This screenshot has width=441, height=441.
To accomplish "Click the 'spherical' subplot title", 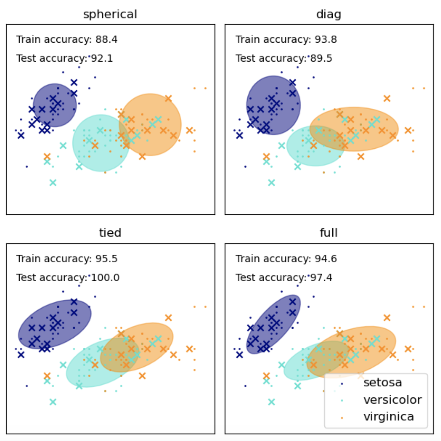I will [x=110, y=15].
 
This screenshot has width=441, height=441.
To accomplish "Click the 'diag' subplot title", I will [x=329, y=15].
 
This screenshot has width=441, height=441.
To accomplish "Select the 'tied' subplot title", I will [x=110, y=233].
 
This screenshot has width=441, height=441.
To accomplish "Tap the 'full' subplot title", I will [x=329, y=233].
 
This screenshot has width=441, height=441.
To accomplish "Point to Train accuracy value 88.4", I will [x=107, y=40].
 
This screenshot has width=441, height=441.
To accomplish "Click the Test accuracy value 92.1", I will [x=102, y=59].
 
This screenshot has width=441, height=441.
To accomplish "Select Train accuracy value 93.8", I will [x=326, y=40].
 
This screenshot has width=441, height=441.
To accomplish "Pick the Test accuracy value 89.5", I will [x=321, y=59].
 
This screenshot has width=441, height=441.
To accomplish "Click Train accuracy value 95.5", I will [x=107, y=259].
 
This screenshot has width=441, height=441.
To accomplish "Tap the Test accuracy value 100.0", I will [x=105, y=278].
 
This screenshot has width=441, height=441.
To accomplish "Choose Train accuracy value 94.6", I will [x=326, y=259].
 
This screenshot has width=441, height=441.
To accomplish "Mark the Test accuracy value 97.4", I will [x=321, y=278].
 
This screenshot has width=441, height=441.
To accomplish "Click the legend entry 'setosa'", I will [x=382, y=382].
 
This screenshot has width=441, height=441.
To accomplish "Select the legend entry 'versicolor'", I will [x=392, y=400].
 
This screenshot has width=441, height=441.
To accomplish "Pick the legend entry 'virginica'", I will [x=389, y=416].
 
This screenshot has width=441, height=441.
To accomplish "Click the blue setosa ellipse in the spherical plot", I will [x=55, y=105].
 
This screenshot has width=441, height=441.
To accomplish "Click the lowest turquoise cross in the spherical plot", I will [x=53, y=183].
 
